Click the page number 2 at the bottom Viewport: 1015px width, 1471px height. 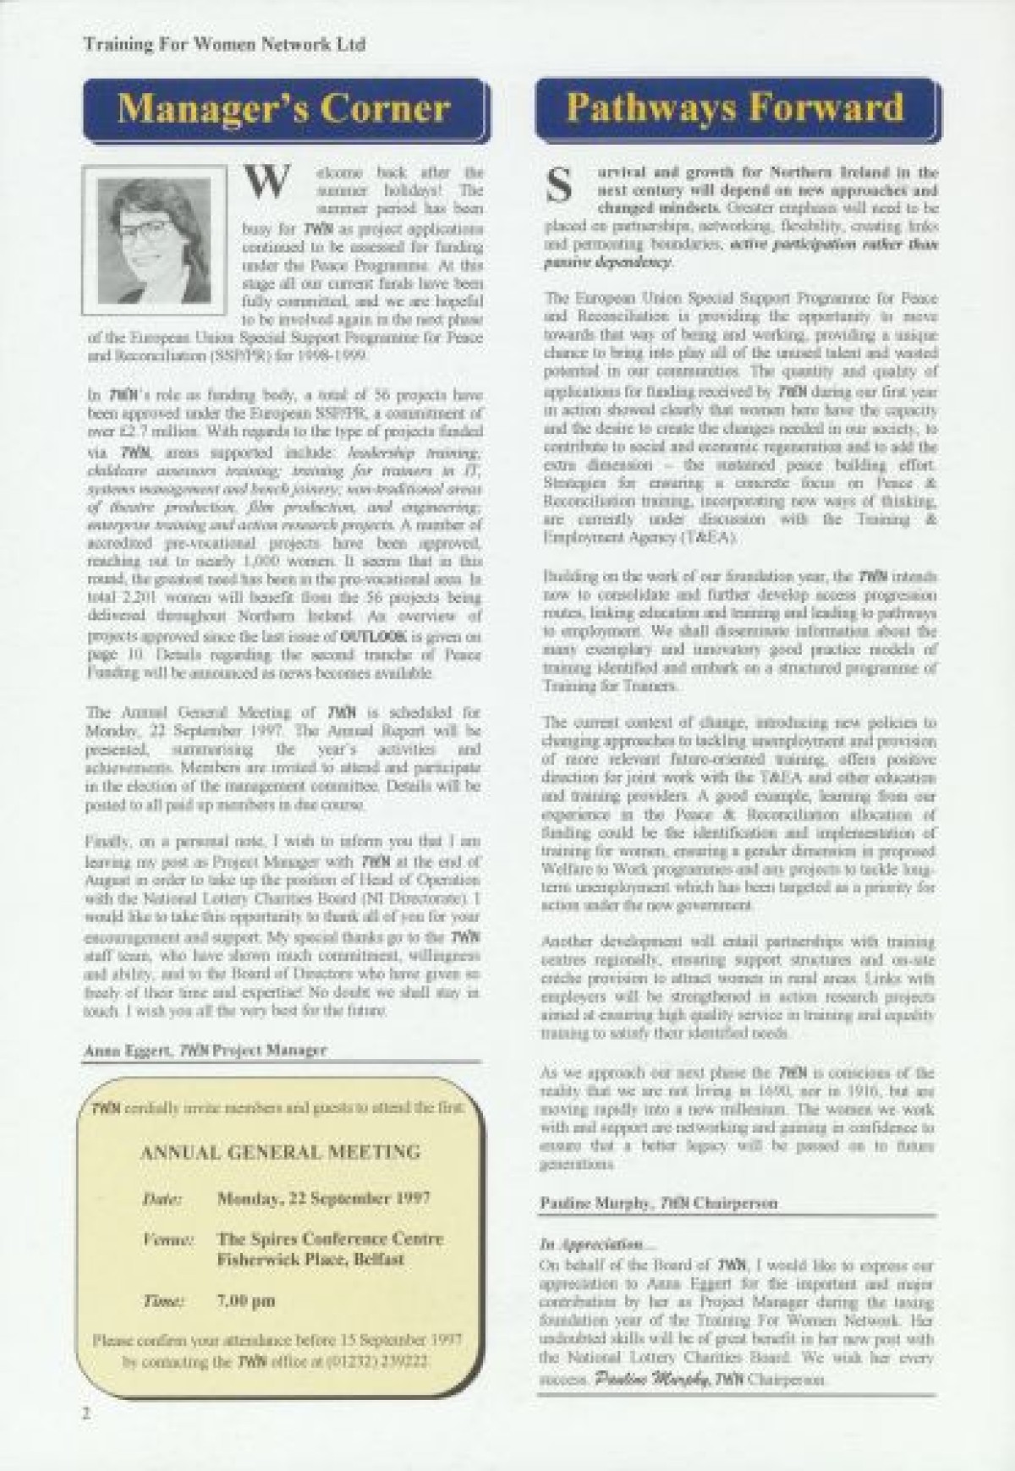pyautogui.click(x=86, y=1413)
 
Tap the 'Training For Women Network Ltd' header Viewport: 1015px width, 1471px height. pyautogui.click(x=224, y=44)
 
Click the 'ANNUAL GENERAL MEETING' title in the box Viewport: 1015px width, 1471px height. pyautogui.click(x=280, y=1151)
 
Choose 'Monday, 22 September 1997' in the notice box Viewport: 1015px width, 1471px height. pyautogui.click(x=324, y=1199)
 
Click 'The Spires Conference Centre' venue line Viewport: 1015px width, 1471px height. pyautogui.click(x=330, y=1239)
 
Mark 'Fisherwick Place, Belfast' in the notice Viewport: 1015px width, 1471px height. pyautogui.click(x=310, y=1260)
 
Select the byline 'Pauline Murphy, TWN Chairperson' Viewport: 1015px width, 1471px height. pyautogui.click(x=658, y=1203)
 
